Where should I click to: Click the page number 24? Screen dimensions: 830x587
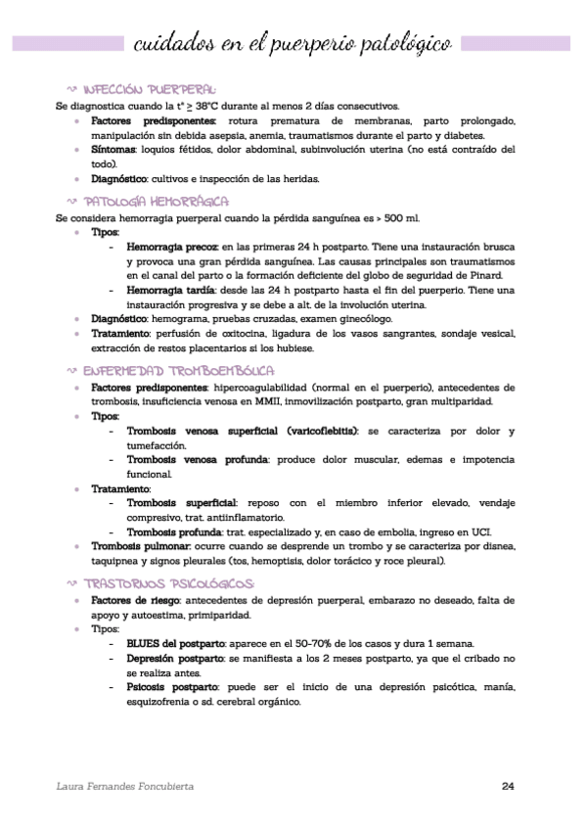click(508, 786)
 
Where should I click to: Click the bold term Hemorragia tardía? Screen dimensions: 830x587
click(171, 291)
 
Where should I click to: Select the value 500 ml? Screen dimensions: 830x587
click(399, 217)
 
